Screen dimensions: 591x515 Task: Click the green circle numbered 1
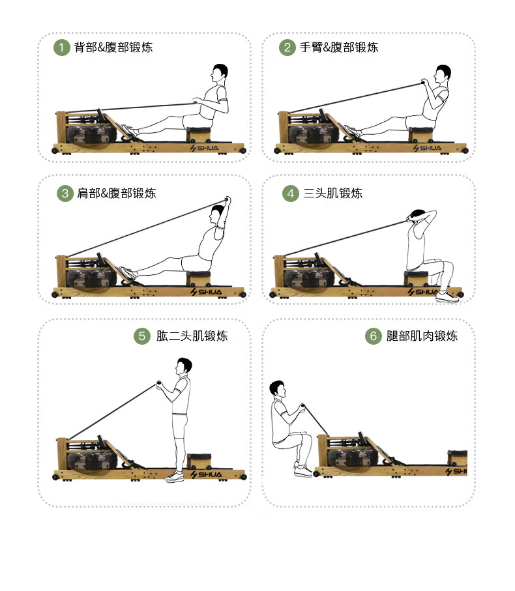click(x=61, y=48)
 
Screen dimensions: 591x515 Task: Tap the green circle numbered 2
click(x=287, y=48)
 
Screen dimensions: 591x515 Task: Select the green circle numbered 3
click(x=65, y=194)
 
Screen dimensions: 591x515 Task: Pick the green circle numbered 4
click(x=290, y=194)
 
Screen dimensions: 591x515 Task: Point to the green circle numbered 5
click(x=142, y=336)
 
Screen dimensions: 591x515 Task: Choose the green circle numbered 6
click(x=373, y=336)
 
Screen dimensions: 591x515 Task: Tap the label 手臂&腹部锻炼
click(x=339, y=48)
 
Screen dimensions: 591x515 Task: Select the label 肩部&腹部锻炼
click(x=117, y=194)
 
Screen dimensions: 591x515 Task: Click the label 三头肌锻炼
click(x=332, y=194)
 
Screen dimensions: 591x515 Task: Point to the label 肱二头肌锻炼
click(x=192, y=336)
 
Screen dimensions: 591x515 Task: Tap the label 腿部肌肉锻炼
click(x=422, y=336)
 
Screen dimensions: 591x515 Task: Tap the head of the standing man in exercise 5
click(x=184, y=366)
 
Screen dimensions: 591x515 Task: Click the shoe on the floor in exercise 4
click(x=447, y=297)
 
